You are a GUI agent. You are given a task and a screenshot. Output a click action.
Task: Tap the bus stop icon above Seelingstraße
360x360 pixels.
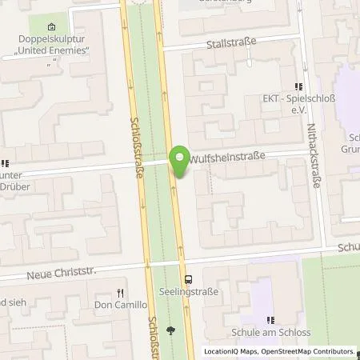pyautogui.click(x=189, y=279)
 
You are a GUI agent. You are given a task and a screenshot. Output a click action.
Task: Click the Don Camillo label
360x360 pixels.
pyautogui.click(x=121, y=305)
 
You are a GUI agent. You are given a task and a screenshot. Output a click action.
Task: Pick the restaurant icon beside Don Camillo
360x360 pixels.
pyautogui.click(x=121, y=293)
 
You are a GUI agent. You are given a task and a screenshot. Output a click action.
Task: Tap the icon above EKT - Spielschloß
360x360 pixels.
pyautogui.click(x=298, y=86)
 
